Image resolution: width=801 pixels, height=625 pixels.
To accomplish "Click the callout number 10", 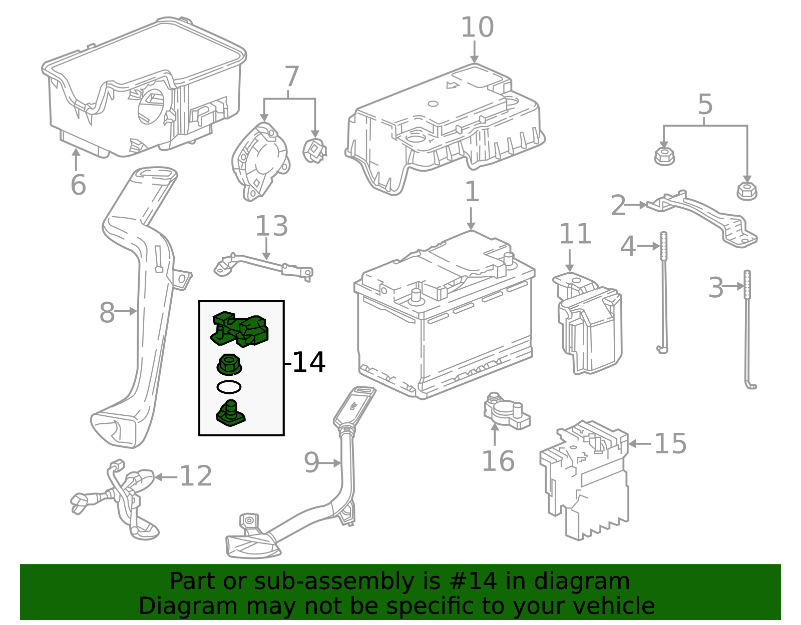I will (477, 28).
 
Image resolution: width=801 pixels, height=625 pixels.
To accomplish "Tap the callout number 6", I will (78, 185).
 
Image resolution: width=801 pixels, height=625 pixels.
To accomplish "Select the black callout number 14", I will (308, 362).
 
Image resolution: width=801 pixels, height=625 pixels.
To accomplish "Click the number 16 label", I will (498, 461).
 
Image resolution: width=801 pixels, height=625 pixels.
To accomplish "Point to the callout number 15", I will (670, 444).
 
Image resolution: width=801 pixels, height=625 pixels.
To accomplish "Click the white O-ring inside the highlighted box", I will (229, 387).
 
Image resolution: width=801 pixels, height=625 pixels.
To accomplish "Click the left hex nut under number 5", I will (664, 156).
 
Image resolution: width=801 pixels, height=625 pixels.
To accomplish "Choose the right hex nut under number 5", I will (747, 191).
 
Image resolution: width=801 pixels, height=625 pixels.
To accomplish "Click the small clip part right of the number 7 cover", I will (314, 151).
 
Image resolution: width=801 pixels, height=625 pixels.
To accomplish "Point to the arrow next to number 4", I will (649, 246).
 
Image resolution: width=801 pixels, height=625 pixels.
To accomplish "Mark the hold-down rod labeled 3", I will (748, 330).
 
